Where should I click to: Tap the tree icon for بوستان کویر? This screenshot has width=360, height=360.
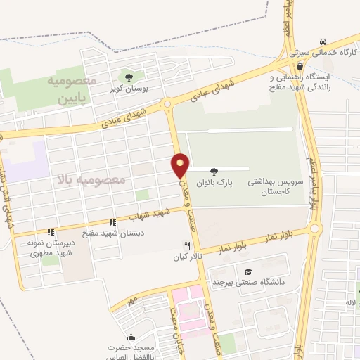pyautogui.click(x=129, y=77)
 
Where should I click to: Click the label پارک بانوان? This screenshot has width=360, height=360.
pyautogui.click(x=214, y=182)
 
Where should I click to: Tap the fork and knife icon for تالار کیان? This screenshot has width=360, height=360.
pyautogui.click(x=187, y=246)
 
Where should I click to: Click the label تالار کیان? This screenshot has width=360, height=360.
pyautogui.click(x=188, y=257)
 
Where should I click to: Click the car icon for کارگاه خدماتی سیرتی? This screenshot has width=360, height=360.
pyautogui.click(x=323, y=41)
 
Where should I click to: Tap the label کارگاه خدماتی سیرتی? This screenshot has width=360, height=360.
pyautogui.click(x=325, y=53)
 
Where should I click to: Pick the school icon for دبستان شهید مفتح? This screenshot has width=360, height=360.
pyautogui.click(x=112, y=221)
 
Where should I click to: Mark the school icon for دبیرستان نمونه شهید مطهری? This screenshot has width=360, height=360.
pyautogui.click(x=50, y=232)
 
